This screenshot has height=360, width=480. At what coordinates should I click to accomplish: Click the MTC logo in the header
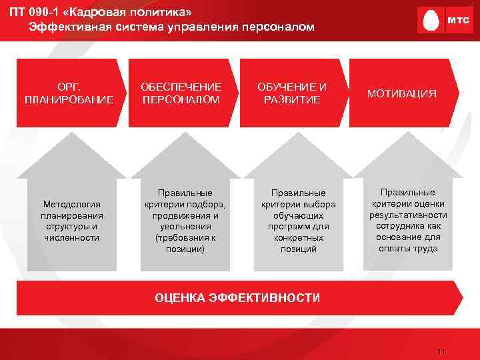(x=439, y=21)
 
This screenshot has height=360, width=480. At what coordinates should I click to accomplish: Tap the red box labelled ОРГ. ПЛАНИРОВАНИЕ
(x=69, y=93)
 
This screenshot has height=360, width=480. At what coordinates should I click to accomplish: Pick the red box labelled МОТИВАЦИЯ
(x=405, y=93)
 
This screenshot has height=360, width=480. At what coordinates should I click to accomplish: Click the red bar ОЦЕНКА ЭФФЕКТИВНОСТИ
(x=237, y=297)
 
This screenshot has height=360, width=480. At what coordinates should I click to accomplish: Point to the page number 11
(x=439, y=352)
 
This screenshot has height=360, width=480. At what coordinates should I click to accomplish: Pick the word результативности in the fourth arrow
(x=408, y=215)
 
